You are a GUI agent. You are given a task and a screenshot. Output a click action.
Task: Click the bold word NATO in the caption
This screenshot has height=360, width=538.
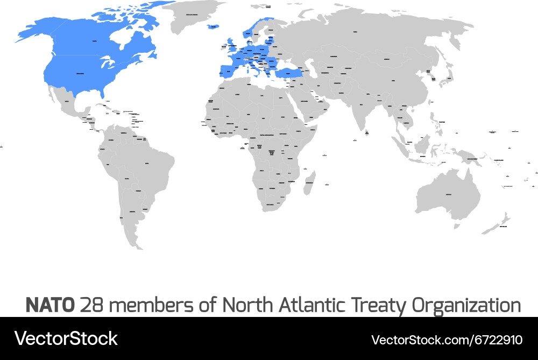[x=50, y=305]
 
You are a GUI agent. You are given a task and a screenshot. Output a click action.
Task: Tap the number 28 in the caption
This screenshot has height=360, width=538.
[x=91, y=305]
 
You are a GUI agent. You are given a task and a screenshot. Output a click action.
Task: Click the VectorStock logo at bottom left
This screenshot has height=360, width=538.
[x=66, y=338]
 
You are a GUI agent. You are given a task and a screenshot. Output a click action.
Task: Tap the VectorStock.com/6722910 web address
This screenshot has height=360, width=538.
[x=447, y=340]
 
